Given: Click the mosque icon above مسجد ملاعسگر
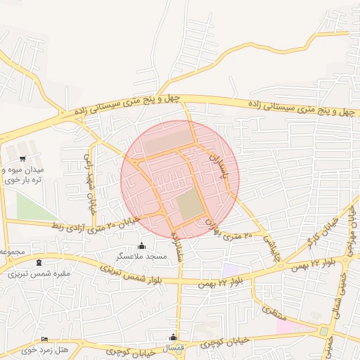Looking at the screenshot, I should pos(142,245).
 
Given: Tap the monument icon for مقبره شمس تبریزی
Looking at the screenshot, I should pos(38,262).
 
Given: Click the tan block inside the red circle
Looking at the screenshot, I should pos(189,205).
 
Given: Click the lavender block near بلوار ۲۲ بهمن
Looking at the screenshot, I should pos(230,269).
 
